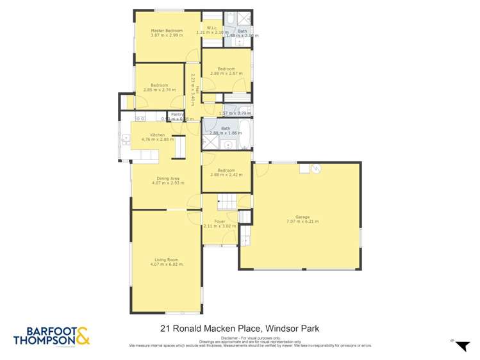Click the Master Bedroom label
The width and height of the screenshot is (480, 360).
click(167, 31)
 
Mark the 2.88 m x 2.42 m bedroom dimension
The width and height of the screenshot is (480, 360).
click(226, 174)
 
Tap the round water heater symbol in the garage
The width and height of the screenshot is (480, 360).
click(315, 168)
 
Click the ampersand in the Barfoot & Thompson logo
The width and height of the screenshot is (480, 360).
click(82, 336)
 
